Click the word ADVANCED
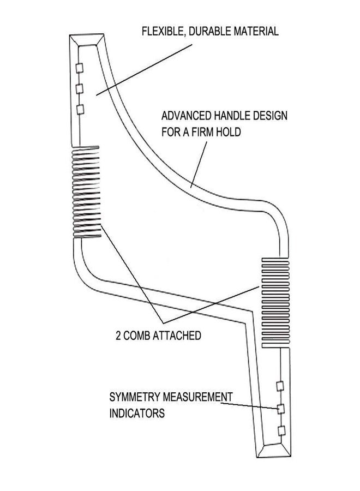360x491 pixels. pos(186,116)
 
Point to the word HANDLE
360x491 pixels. pos(232,116)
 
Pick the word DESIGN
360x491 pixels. pos(270,116)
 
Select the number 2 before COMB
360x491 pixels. pos(118,336)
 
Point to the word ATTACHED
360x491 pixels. pos(177,336)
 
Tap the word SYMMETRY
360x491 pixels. pos(135,397)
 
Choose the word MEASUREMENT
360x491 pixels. pos(197,397)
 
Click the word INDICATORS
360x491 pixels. pos(137,414)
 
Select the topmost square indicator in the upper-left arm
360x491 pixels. pos(80,68)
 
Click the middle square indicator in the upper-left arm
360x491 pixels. pos(80,88)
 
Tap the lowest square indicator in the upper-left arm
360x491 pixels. pos(80,110)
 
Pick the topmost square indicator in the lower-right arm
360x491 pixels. pos(280,386)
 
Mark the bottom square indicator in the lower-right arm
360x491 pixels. pos(281,431)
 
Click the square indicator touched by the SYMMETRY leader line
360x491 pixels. pos(281,409)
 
